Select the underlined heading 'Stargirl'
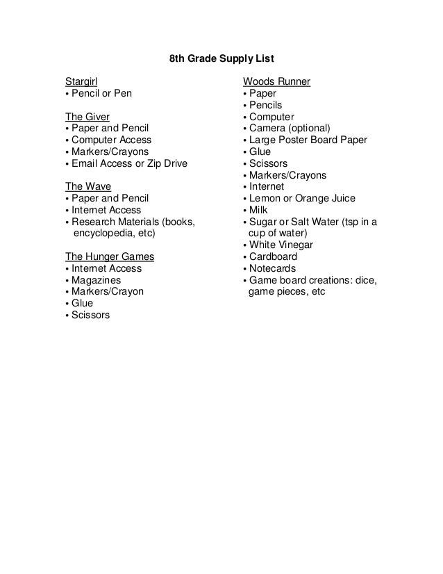pos(81,81)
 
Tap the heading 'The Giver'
pos(87,116)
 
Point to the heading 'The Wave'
pos(87,186)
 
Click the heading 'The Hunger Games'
pos(110,256)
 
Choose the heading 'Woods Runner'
pos(276,81)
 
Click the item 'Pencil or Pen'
pos(101,93)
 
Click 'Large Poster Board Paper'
pos(308,140)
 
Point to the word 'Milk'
pos(259,210)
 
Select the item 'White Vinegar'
pos(281,245)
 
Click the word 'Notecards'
pos(272,268)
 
